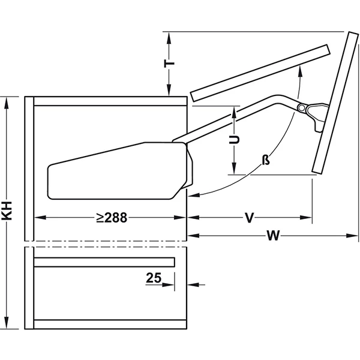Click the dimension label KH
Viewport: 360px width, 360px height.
(x=7, y=211)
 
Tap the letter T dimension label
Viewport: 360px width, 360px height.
(x=169, y=64)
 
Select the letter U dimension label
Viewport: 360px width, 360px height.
(x=234, y=140)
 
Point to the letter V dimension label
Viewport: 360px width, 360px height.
(x=250, y=218)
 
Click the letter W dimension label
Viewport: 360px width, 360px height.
(x=273, y=235)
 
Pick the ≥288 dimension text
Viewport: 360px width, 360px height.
(x=112, y=217)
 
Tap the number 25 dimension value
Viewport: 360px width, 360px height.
(x=154, y=278)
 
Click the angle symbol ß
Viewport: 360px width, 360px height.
(x=266, y=160)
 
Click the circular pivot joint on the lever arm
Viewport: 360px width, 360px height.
(x=302, y=107)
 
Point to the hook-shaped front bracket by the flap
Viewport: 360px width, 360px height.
(x=318, y=116)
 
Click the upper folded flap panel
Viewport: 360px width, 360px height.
(x=260, y=73)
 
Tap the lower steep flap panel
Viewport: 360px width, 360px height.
(x=335, y=103)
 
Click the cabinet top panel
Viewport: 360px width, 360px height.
(x=110, y=101)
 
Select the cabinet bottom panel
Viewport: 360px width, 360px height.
(x=110, y=324)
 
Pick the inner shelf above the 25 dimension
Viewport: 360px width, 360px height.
(x=104, y=262)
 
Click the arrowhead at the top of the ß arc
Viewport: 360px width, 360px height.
(x=299, y=69)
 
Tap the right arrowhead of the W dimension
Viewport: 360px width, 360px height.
(x=352, y=236)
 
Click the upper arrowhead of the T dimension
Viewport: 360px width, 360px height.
(x=169, y=38)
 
